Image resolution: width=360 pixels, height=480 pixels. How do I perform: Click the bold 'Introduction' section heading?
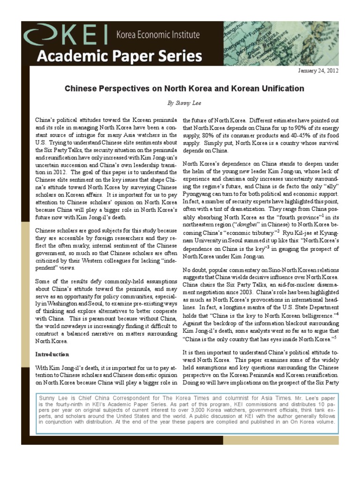pyautogui.click(x=52, y=354)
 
